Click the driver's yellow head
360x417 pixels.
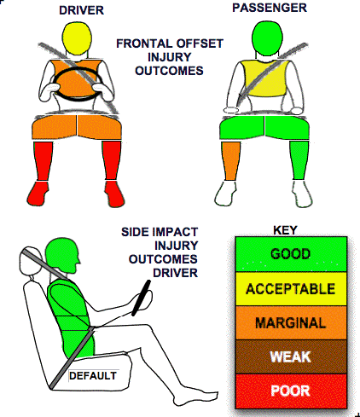(x=77, y=38)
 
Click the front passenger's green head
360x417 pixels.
(x=268, y=37)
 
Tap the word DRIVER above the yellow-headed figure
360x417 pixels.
(x=81, y=10)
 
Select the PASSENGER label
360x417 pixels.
(x=270, y=8)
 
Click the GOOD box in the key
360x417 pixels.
(x=291, y=254)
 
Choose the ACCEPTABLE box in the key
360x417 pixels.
(x=291, y=289)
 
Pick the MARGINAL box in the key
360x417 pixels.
(x=291, y=323)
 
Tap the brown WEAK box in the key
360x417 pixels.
(x=291, y=356)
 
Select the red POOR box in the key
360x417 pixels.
(x=291, y=391)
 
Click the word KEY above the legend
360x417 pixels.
(x=285, y=230)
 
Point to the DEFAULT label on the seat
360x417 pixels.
(x=93, y=376)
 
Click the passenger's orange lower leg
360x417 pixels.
(x=231, y=161)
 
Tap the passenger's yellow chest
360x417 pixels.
(x=266, y=78)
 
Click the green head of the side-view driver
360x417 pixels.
(x=62, y=256)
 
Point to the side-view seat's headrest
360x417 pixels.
(x=31, y=260)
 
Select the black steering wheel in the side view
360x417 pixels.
(x=141, y=298)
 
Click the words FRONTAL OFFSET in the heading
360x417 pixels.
(x=170, y=43)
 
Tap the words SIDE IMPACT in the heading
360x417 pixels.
(x=160, y=232)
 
